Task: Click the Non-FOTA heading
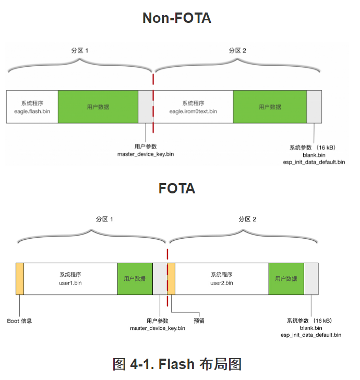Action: click(x=177, y=18)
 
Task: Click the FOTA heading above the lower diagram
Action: click(x=177, y=188)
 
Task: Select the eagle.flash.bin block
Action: click(x=32, y=107)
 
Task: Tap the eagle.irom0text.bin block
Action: click(x=193, y=107)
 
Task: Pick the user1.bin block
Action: click(x=70, y=279)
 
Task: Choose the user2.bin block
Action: click(x=222, y=279)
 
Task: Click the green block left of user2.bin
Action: click(x=135, y=279)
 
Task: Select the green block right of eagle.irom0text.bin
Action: click(x=270, y=107)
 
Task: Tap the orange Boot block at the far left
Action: click(x=20, y=279)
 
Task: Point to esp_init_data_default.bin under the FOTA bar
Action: click(x=311, y=335)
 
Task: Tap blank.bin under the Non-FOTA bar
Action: click(x=314, y=155)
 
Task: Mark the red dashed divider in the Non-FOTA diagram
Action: click(x=153, y=104)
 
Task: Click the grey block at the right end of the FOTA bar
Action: click(x=311, y=279)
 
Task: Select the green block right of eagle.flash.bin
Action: click(x=98, y=107)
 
